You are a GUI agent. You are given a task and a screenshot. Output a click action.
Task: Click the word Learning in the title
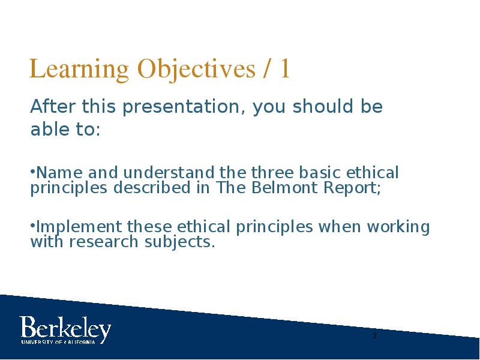click(79, 70)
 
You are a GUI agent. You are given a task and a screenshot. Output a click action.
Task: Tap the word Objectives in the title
click(196, 70)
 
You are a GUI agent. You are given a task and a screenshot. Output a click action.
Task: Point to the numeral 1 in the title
click(284, 68)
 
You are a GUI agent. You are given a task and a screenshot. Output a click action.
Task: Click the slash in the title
click(267, 69)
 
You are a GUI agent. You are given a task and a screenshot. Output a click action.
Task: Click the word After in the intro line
click(53, 106)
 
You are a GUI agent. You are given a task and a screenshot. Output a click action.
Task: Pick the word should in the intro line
click(322, 106)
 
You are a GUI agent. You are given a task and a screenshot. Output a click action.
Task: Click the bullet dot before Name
click(33, 170)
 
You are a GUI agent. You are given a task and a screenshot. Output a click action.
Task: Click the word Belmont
click(284, 187)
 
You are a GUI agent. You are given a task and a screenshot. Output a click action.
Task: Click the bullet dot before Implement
click(33, 224)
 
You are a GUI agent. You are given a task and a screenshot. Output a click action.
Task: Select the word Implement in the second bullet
click(79, 228)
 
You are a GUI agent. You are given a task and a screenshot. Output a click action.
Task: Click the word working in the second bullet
click(398, 228)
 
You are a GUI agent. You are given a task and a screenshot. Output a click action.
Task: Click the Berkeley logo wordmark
click(65, 330)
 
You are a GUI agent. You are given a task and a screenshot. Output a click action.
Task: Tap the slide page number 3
click(375, 336)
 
